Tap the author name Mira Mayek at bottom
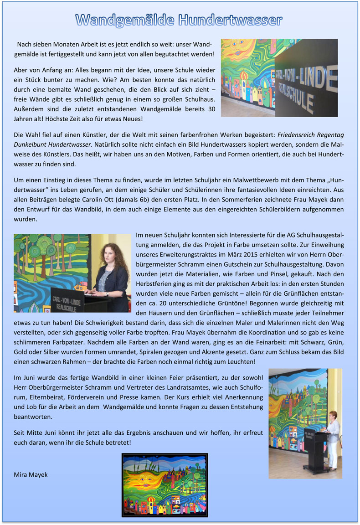click(31, 474)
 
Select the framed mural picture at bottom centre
click(165, 485)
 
